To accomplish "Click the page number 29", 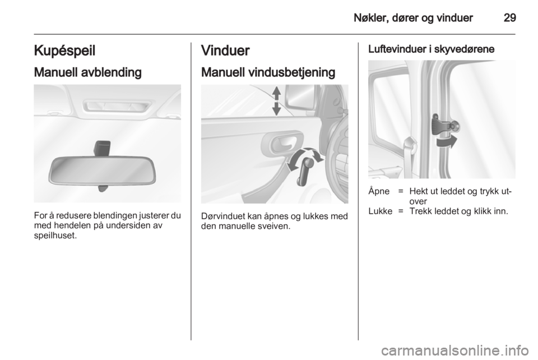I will pyautogui.click(x=509, y=17).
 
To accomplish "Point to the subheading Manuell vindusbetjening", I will pyautogui.click(x=268, y=73).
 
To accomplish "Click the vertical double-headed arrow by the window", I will pyautogui.click(x=276, y=101).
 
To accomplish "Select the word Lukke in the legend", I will pyautogui.click(x=378, y=211).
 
